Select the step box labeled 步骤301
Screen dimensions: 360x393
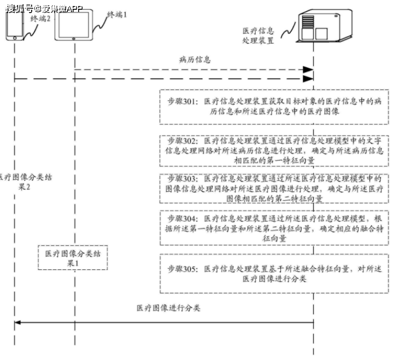pos(274,106)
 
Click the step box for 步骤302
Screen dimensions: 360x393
pos(274,150)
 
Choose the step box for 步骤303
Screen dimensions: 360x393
pos(274,188)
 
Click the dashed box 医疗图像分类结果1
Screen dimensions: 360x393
pos(73,258)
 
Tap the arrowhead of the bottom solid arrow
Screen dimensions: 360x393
pos(17,322)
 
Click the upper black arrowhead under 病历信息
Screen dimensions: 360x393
pos(308,70)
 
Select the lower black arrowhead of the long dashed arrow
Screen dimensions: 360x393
pos(308,79)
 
